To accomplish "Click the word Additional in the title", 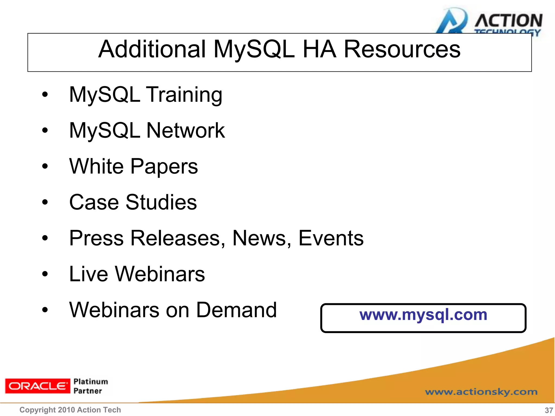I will (x=152, y=49).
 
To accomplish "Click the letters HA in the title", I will (x=319, y=49).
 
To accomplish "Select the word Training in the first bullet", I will (x=184, y=95).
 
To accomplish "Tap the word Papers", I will (x=164, y=167).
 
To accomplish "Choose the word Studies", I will (x=161, y=202).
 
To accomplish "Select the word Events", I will (x=331, y=238).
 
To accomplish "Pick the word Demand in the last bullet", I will (x=236, y=310).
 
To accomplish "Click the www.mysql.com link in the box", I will (x=423, y=315).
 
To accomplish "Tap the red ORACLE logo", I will (x=37, y=386).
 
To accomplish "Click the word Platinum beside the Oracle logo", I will (x=91, y=382).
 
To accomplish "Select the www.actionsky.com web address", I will (x=481, y=392).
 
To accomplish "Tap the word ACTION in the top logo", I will (x=508, y=21).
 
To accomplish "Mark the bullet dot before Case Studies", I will (x=45, y=202).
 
